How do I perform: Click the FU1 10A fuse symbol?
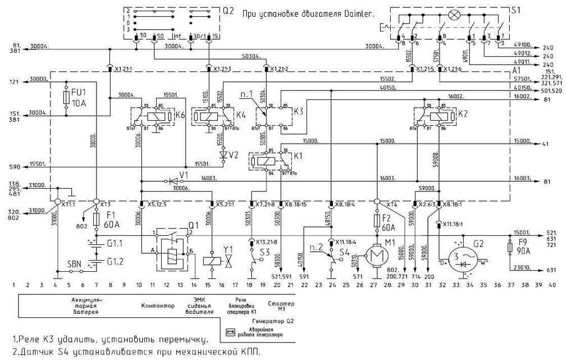[x=67, y=99]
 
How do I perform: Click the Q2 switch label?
[x=228, y=10]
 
